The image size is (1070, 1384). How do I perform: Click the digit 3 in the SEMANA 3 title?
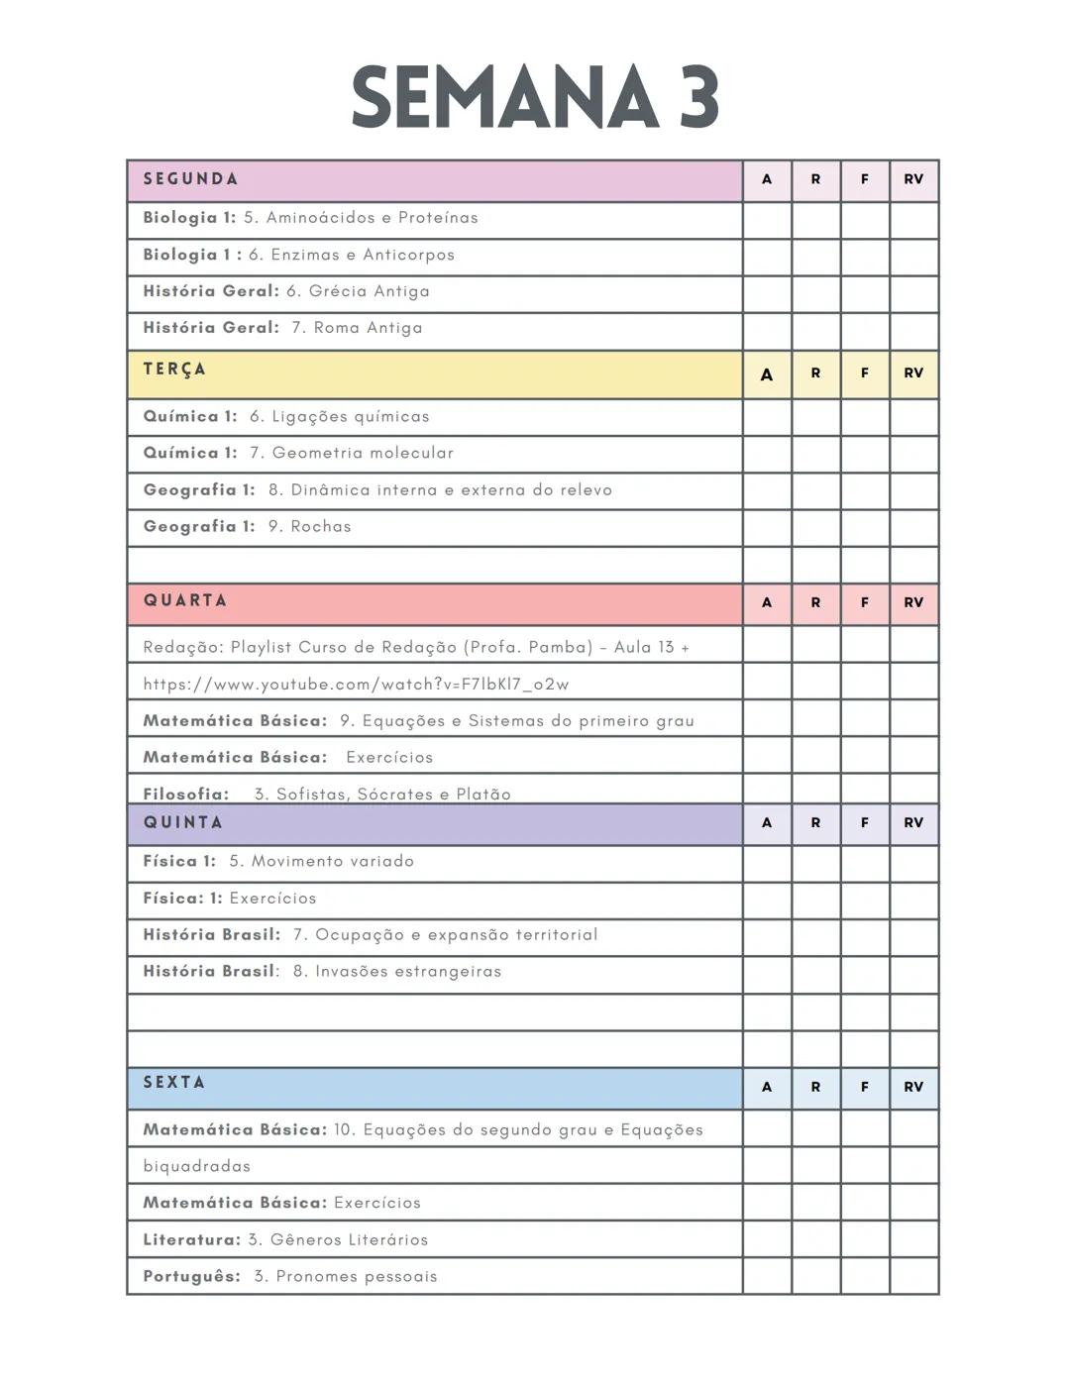point(698,97)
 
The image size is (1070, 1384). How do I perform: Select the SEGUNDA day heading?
point(190,179)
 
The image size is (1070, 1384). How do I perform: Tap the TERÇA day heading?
point(174,370)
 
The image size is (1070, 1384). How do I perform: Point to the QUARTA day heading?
point(185,600)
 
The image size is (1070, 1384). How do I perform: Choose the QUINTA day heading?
point(183,822)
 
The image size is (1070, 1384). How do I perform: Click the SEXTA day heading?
point(174,1082)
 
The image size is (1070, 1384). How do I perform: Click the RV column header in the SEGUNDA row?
point(913,179)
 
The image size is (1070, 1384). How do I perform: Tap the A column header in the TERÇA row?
point(767,374)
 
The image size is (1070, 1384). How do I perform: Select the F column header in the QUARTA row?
point(865,602)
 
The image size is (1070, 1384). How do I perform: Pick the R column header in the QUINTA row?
point(815,822)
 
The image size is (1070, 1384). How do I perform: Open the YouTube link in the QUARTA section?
point(356,685)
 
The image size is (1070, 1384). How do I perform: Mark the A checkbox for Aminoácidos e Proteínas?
point(767,219)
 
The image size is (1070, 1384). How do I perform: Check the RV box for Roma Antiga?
point(913,330)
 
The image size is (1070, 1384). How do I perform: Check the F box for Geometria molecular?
point(865,454)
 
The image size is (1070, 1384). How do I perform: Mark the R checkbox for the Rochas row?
point(815,527)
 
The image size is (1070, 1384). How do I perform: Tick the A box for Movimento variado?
point(767,863)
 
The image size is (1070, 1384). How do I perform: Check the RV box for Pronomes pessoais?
point(913,1276)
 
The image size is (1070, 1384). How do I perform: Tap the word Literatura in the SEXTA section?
point(190,1239)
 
